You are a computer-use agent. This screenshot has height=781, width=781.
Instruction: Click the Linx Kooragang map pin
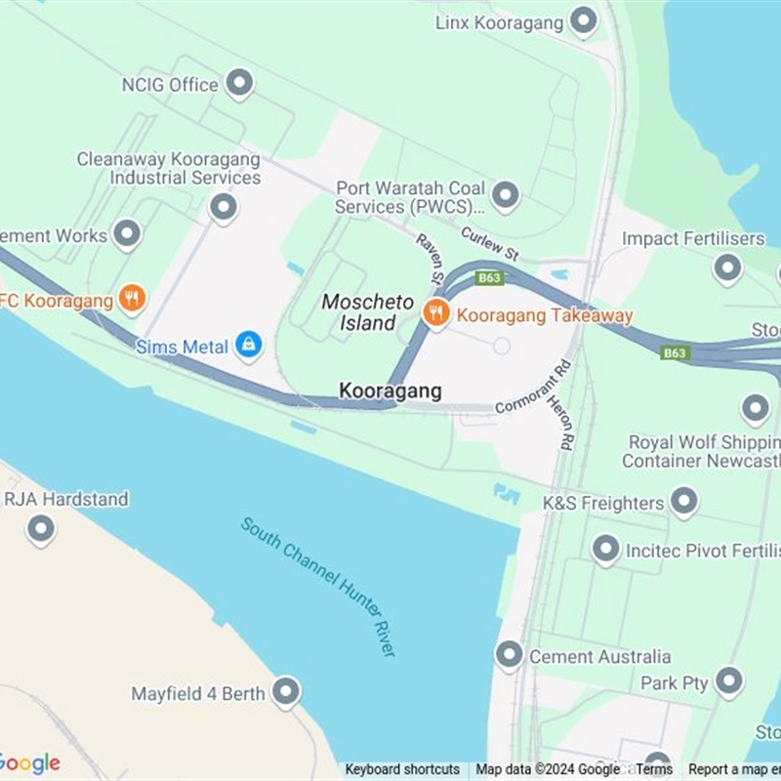[584, 21]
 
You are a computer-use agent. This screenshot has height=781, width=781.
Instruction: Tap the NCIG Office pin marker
[239, 83]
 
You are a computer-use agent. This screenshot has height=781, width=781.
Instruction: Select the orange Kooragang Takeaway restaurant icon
[436, 313]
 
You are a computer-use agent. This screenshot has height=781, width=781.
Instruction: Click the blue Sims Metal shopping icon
[249, 345]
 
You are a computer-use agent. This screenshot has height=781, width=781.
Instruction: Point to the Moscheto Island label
[368, 312]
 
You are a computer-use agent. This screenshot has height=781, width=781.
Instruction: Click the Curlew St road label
[491, 245]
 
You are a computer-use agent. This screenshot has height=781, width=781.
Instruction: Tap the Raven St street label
[431, 260]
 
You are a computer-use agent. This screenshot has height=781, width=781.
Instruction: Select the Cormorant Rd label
[532, 389]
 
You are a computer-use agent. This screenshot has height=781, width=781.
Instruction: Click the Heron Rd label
[559, 421]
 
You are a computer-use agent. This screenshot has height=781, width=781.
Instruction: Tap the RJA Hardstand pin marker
[40, 529]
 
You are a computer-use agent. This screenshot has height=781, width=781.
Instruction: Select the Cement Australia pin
[509, 654]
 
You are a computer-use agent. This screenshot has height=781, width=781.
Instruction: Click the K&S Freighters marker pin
[684, 501]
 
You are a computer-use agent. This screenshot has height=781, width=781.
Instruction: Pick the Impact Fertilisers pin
[727, 267]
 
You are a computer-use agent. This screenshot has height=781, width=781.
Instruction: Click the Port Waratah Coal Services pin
[505, 195]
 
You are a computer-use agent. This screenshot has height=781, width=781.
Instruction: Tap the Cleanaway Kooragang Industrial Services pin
[224, 206]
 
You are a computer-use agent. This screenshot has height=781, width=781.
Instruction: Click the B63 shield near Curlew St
[490, 278]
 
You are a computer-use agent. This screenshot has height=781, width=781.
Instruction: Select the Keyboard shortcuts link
[402, 769]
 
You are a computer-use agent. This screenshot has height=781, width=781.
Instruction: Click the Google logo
[29, 762]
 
